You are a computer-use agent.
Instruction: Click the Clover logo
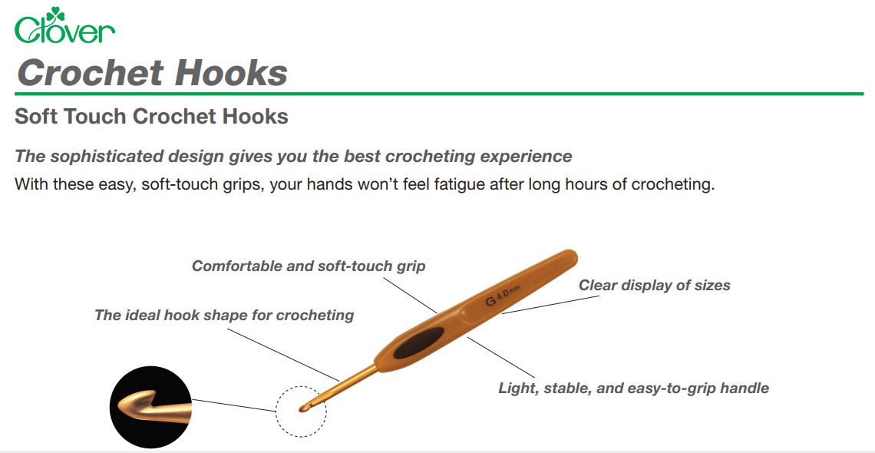click(64, 25)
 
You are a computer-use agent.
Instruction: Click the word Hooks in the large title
click(231, 72)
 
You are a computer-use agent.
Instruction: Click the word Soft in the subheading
click(36, 116)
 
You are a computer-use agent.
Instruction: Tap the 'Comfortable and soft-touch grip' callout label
click(309, 266)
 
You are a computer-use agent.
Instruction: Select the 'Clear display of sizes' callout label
click(654, 285)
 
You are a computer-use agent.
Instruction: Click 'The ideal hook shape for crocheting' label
click(224, 316)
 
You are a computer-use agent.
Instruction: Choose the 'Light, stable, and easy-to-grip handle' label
click(633, 389)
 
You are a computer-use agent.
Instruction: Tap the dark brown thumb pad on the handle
click(418, 342)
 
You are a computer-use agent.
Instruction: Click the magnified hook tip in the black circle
click(151, 406)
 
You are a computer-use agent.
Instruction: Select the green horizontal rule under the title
click(439, 94)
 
